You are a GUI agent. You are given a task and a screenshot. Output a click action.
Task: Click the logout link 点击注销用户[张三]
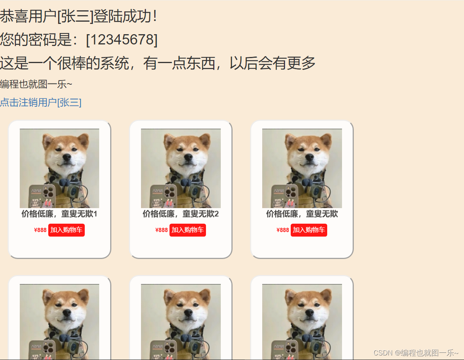point(41,103)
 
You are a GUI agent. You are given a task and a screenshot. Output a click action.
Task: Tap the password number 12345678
point(122,39)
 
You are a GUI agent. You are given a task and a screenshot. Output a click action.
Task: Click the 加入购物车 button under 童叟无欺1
point(67,230)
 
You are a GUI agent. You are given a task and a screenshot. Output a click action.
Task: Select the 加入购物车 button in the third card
point(309,230)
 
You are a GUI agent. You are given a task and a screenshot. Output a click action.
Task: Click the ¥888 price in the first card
point(40,230)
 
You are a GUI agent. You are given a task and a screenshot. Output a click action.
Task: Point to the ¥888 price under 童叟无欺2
point(162,230)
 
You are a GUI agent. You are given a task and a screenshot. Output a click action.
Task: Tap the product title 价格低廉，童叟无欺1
point(59,214)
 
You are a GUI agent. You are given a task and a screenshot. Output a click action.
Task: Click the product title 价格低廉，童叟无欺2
point(181,214)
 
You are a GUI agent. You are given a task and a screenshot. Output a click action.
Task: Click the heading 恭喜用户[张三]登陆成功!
point(79,16)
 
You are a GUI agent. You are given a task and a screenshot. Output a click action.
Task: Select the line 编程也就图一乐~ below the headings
point(36,84)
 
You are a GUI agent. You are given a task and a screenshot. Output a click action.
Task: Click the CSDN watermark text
point(416,353)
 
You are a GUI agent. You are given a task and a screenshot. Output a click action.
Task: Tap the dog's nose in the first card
point(67,157)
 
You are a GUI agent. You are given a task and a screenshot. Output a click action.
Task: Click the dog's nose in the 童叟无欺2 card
point(188,157)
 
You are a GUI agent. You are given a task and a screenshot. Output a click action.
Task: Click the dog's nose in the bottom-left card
point(67,313)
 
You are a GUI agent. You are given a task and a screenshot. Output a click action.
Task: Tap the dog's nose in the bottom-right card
point(309,313)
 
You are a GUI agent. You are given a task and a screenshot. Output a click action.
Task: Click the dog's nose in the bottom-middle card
point(188,313)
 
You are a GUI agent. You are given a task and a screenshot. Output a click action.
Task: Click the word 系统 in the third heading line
point(114,63)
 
